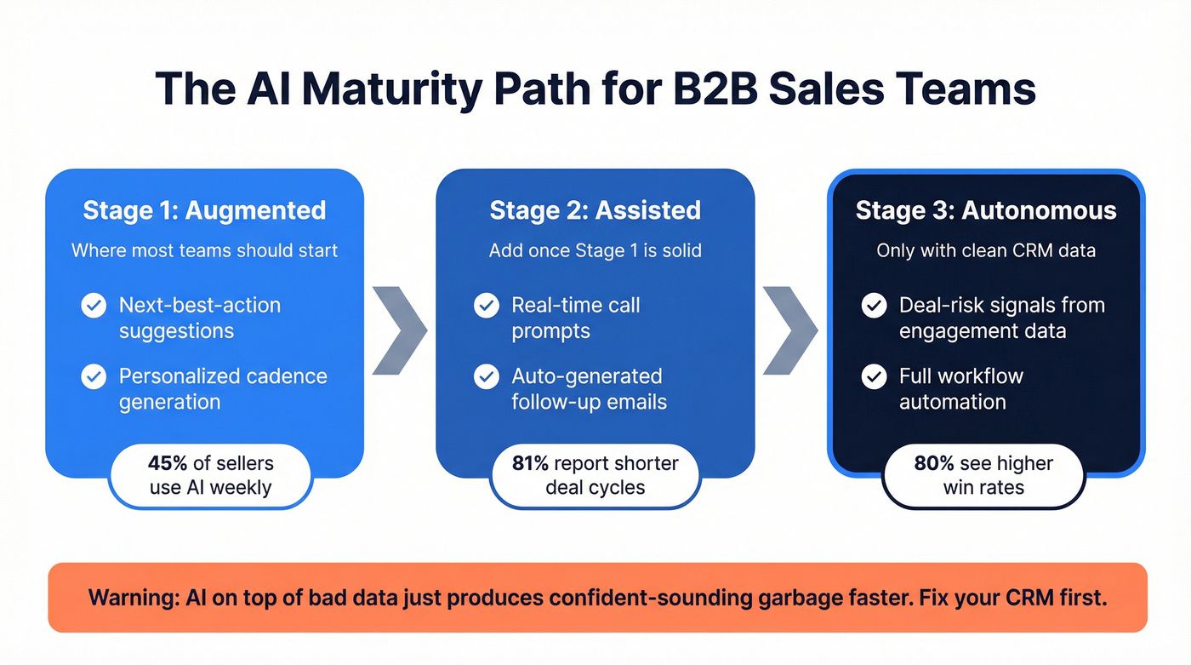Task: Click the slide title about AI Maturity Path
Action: coord(595,89)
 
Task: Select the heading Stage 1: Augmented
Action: coord(204,210)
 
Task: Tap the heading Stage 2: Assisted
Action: coord(595,210)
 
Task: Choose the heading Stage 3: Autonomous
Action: coord(986,210)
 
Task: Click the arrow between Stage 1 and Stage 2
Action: coord(399,330)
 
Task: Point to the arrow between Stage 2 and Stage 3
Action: coord(790,330)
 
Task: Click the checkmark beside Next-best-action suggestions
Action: coord(94,306)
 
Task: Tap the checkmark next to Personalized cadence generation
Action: coord(94,376)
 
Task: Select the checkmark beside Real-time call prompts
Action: coord(487,306)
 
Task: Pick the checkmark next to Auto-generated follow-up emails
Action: coord(487,376)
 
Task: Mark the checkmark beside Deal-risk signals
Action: coord(874,306)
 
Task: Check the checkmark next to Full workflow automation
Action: coord(874,376)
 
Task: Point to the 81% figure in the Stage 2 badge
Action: coord(531,463)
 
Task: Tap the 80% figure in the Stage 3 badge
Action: coord(934,463)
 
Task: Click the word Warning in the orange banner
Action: coord(133,598)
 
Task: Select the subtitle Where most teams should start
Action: coord(204,250)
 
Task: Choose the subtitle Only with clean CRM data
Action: coord(986,250)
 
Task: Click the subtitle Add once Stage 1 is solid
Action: coord(595,250)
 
